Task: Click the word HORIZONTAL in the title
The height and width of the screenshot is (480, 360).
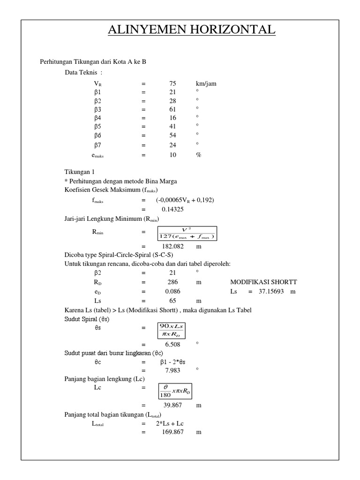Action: (x=230, y=30)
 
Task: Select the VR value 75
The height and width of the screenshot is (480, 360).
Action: (x=172, y=84)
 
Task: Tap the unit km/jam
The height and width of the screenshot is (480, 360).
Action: (x=206, y=84)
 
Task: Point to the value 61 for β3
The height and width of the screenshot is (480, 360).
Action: (x=172, y=109)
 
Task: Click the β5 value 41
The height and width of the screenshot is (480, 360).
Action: (x=172, y=126)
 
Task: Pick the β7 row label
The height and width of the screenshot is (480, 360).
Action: (x=98, y=144)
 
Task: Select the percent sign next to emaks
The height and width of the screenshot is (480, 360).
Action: (x=198, y=155)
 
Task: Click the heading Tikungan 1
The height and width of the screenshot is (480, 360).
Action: (x=79, y=172)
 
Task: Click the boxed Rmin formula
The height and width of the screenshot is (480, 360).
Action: (x=186, y=232)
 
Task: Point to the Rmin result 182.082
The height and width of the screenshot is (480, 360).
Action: (x=172, y=246)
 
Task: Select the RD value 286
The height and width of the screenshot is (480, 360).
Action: (x=172, y=282)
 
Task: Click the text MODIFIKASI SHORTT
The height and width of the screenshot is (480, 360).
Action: (x=263, y=282)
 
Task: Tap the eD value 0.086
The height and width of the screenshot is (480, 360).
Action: (x=172, y=292)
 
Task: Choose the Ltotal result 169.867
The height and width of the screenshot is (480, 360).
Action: (x=172, y=432)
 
